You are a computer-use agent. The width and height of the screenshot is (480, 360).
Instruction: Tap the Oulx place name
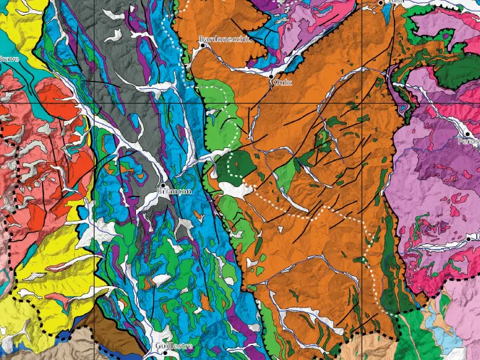(x=283, y=83)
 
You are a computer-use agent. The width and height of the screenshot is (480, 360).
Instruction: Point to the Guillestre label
(x=173, y=346)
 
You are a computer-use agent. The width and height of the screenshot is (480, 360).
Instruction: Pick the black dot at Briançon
(x=163, y=186)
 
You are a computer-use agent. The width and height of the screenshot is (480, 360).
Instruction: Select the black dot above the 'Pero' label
(x=467, y=133)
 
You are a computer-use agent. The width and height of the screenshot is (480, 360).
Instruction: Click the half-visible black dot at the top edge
(x=381, y=2)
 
